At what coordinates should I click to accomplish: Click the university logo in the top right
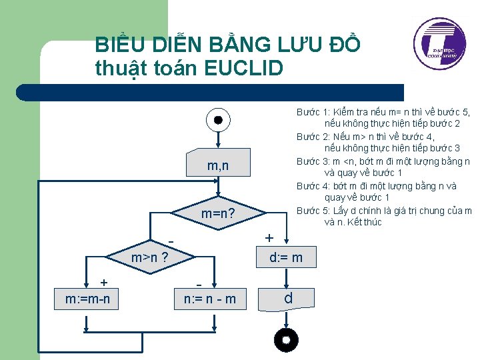(439, 45)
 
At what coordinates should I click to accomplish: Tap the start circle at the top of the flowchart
(218, 121)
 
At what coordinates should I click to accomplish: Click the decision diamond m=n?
(218, 214)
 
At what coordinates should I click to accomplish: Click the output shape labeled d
(287, 298)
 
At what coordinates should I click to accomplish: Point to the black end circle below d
(286, 341)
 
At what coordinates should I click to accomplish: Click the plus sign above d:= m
(269, 238)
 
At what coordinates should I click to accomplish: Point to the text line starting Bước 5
(384, 211)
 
